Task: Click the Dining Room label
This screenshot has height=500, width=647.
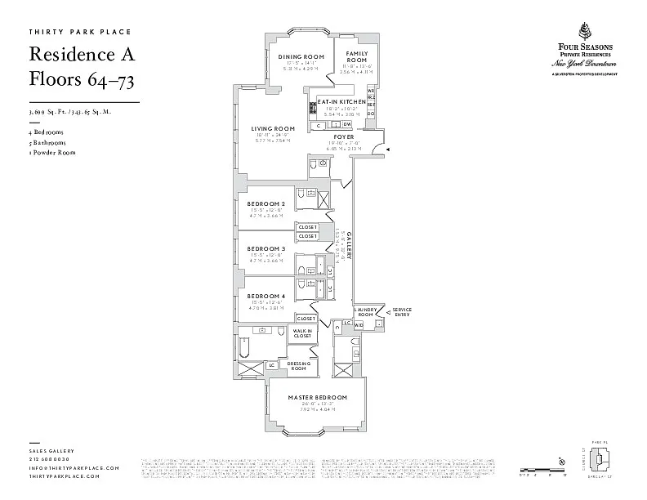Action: pos(290,56)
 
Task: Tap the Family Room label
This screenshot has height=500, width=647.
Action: pos(356,57)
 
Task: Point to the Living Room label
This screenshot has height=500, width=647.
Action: pos(272,128)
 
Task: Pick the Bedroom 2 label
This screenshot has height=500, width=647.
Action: pos(265,203)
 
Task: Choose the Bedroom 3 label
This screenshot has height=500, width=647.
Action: pos(265,248)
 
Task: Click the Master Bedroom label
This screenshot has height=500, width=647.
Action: pos(318,397)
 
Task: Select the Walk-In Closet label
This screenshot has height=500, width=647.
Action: pos(301,333)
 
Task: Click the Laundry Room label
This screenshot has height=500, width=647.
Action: pos(364,312)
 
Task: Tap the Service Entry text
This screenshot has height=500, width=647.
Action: pos(402,312)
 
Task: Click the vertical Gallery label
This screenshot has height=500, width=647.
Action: pos(350,244)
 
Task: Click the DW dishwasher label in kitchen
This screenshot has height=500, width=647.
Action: pos(346,124)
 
